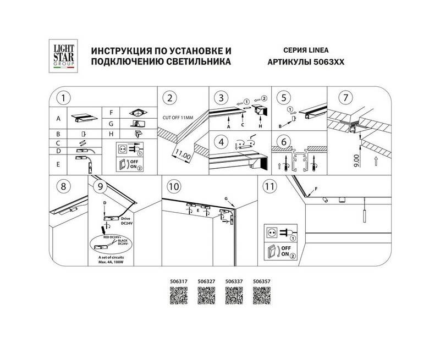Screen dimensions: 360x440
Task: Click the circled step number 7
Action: click(345, 98)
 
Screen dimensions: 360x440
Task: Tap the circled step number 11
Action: click(269, 186)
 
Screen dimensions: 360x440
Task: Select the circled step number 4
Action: click(221, 142)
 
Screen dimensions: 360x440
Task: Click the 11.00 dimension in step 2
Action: click(183, 154)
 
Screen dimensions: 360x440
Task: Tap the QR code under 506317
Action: click(179, 296)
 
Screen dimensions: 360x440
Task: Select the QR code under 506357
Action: click(261, 296)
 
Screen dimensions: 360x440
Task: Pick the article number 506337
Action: click(234, 281)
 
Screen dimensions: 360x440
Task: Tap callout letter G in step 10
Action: click(226, 197)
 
